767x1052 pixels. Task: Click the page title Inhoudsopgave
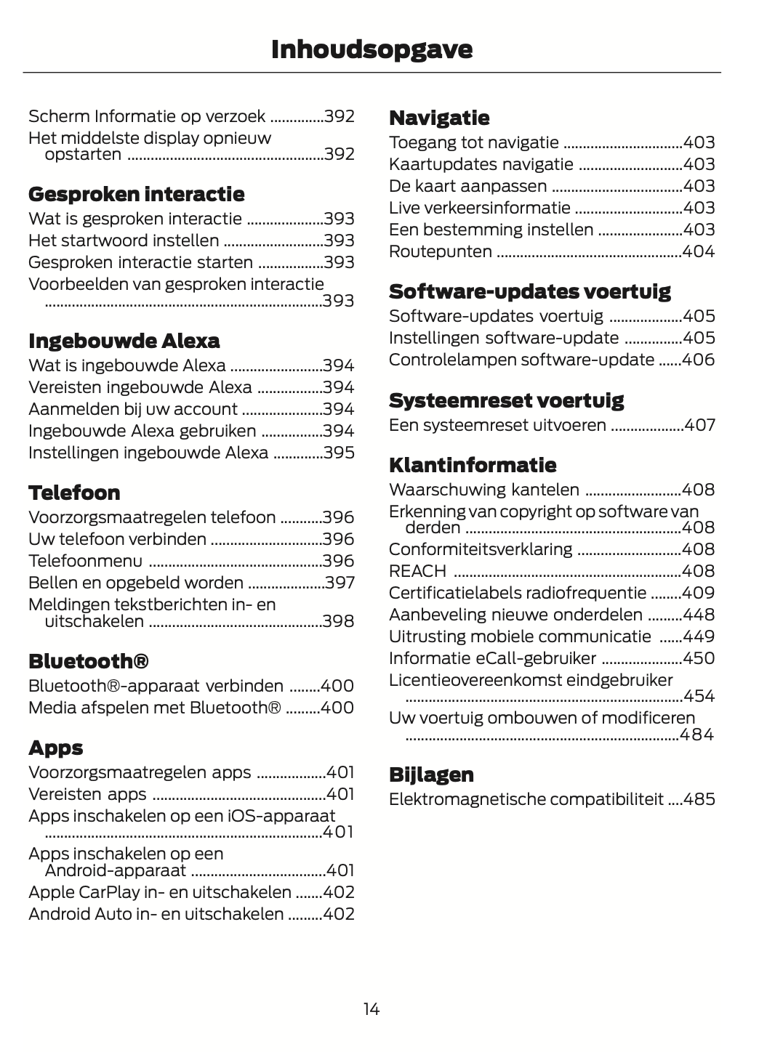point(372,49)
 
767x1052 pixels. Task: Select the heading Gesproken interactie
point(136,194)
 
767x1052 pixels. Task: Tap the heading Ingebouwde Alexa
point(124,341)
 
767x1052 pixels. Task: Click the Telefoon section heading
point(74,493)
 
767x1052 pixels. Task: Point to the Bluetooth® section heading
point(89,661)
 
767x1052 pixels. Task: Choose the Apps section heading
point(56,748)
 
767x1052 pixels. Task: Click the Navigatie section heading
point(439,118)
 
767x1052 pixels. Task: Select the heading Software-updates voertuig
point(529,291)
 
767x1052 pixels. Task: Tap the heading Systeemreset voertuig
point(506,400)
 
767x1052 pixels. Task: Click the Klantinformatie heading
point(473,465)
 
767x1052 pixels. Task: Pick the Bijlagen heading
point(431,774)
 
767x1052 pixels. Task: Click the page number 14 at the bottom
point(372,1008)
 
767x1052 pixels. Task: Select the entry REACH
point(417,571)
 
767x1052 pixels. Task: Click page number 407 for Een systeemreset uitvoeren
point(699,425)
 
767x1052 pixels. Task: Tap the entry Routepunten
point(440,251)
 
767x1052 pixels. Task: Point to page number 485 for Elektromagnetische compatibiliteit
point(699,799)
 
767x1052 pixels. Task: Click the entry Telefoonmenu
point(85,561)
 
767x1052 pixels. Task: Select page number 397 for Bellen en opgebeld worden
point(339,583)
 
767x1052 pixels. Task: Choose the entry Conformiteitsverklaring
point(481,549)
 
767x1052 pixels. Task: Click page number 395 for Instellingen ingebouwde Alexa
point(339,453)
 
